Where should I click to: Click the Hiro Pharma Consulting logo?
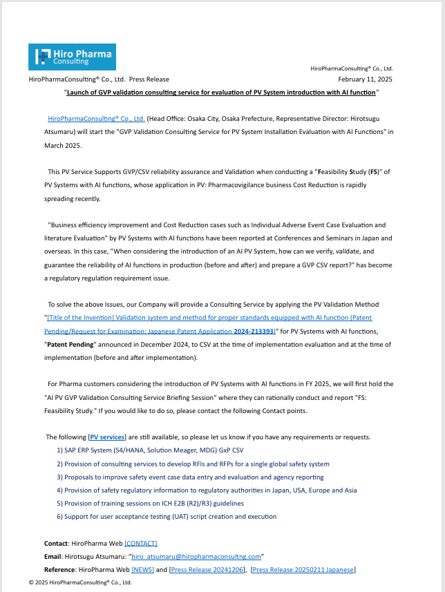click(x=72, y=57)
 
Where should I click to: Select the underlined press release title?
click(x=221, y=92)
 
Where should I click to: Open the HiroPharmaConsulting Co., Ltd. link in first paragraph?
click(x=96, y=118)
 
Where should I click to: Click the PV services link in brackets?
click(x=108, y=437)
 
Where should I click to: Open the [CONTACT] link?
click(x=141, y=543)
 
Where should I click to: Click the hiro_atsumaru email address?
click(x=196, y=556)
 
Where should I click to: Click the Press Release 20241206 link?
click(x=207, y=569)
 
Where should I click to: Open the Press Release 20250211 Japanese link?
click(x=303, y=569)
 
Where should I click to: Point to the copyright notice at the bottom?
click(x=80, y=582)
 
